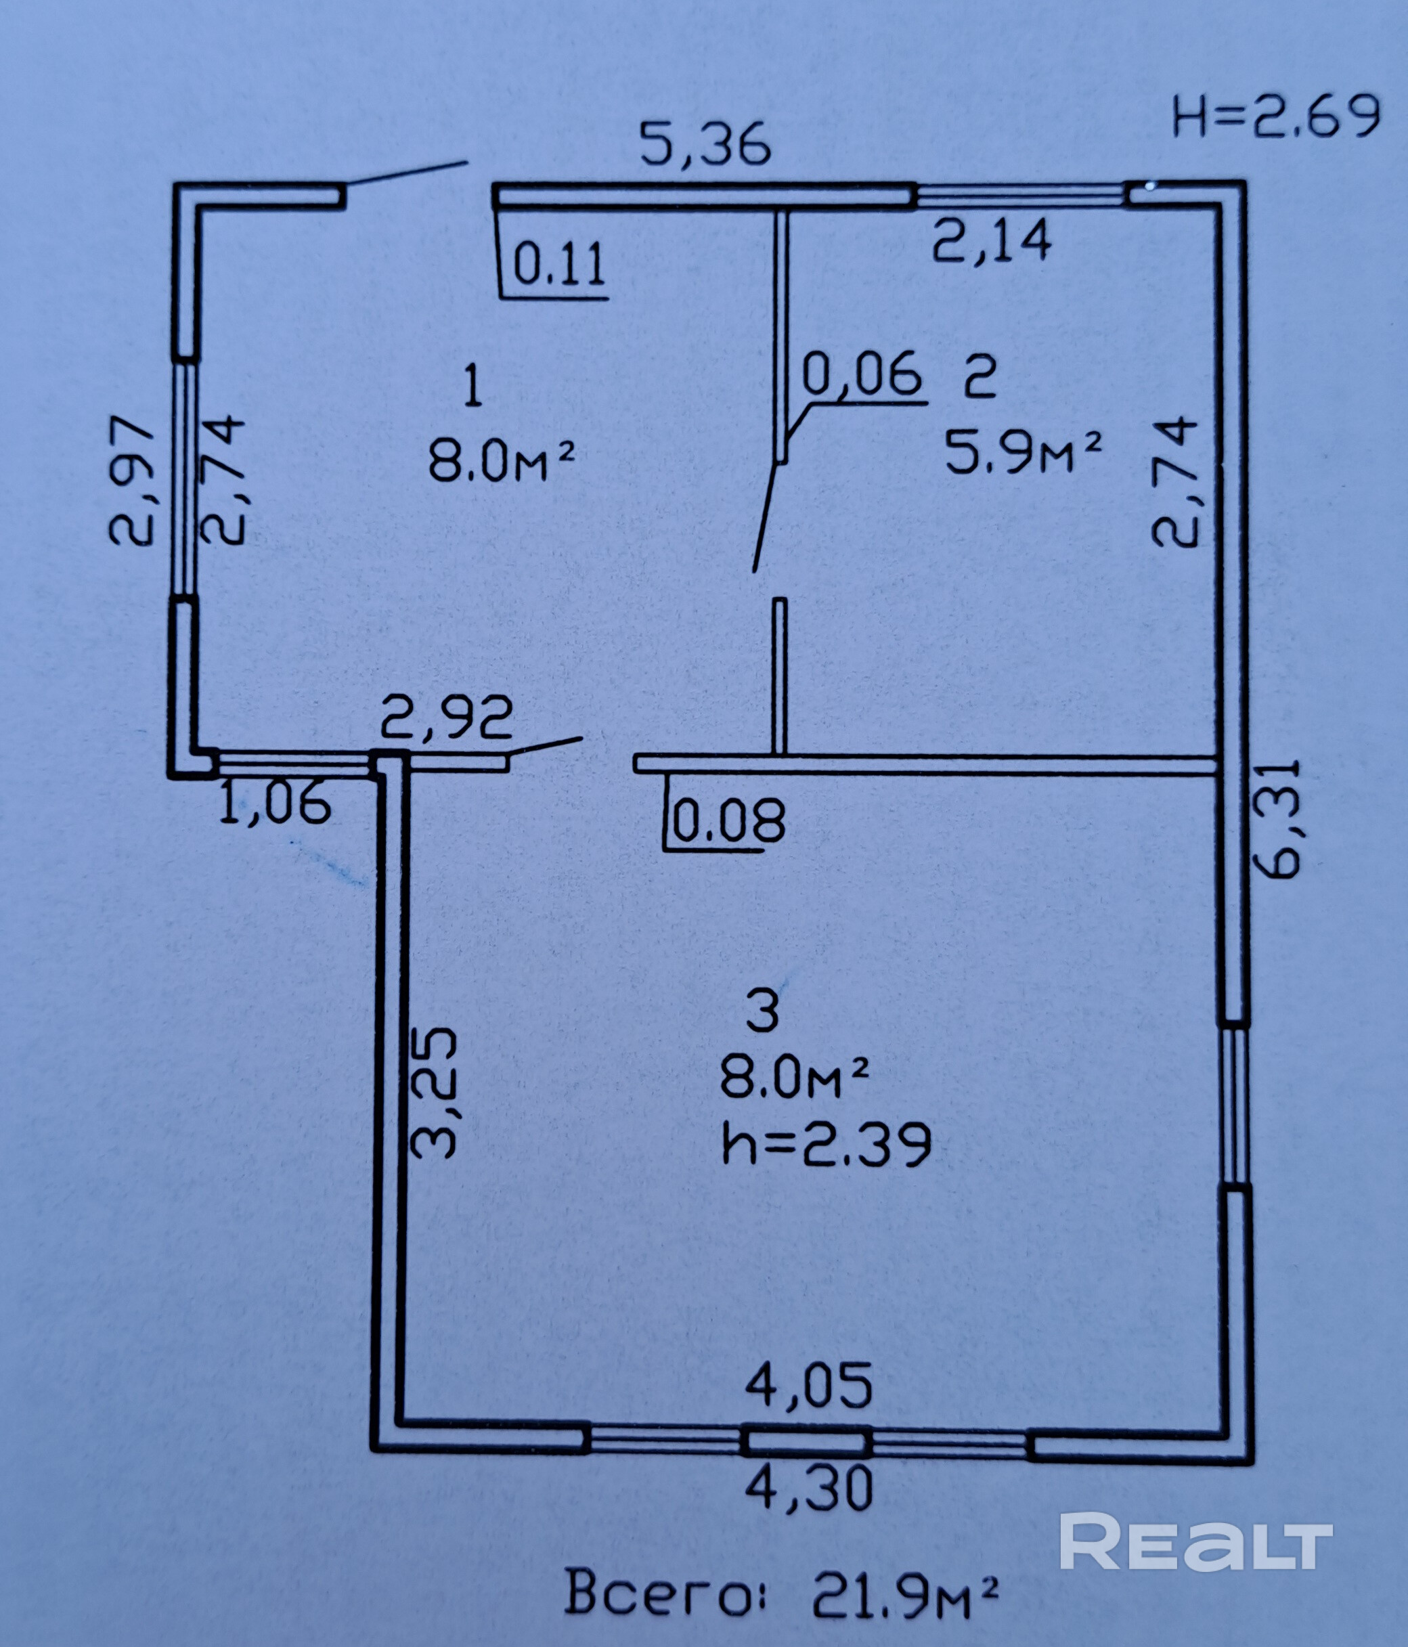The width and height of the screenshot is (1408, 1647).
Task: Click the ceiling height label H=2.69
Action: [x=1276, y=117]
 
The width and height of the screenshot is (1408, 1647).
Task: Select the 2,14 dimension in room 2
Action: [x=992, y=240]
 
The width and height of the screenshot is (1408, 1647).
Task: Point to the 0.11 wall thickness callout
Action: [x=559, y=264]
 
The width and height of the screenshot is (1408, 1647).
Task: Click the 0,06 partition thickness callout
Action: [x=862, y=374]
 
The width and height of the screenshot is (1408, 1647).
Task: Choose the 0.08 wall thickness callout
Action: [x=728, y=820]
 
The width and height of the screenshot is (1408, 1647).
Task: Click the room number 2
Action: [x=980, y=377]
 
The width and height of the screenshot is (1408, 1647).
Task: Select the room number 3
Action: [x=763, y=1013]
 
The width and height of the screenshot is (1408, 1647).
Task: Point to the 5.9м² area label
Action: [x=1024, y=453]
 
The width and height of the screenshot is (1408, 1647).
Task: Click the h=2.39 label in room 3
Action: [x=826, y=1145]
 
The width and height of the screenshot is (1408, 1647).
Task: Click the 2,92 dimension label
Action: [x=446, y=719]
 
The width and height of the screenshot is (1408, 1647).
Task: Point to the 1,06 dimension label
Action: [x=274, y=801]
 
